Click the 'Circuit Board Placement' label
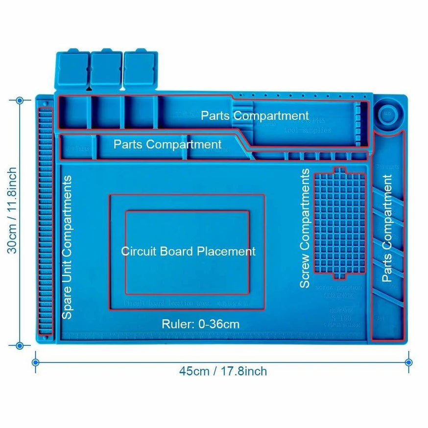click(x=189, y=251)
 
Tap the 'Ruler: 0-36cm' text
click(x=200, y=324)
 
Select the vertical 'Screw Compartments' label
click(x=305, y=228)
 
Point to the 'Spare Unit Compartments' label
click(x=67, y=247)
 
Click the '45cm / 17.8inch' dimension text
click(x=223, y=371)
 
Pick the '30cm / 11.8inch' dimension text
click(x=12, y=210)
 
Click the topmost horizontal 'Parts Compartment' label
click(x=255, y=116)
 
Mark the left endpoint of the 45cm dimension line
click(x=35, y=362)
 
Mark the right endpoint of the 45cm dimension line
click(x=409, y=362)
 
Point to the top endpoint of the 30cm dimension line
click(x=20, y=100)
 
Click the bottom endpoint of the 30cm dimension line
click(x=20, y=345)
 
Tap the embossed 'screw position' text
click(x=339, y=287)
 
